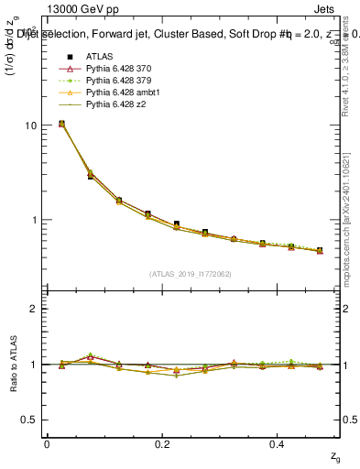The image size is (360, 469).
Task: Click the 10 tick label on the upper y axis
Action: click(x=29, y=125)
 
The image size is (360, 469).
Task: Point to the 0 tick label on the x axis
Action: click(x=47, y=443)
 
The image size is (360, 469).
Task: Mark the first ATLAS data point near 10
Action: click(x=61, y=124)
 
